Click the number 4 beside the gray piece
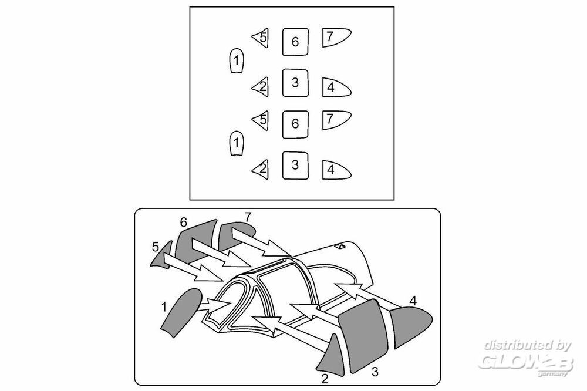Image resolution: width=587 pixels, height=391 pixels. (413, 301)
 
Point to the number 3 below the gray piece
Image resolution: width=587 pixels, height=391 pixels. (375, 372)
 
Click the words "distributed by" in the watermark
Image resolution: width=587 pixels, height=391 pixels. (528, 345)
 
